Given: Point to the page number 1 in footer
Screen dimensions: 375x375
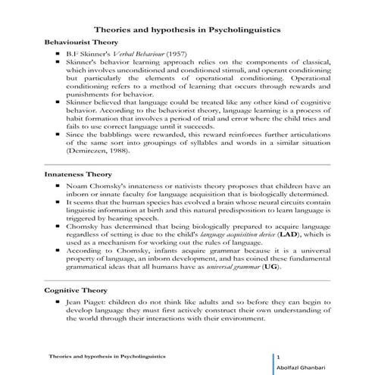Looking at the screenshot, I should [279, 356].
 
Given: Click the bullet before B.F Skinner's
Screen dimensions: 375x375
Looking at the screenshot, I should [58, 55].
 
